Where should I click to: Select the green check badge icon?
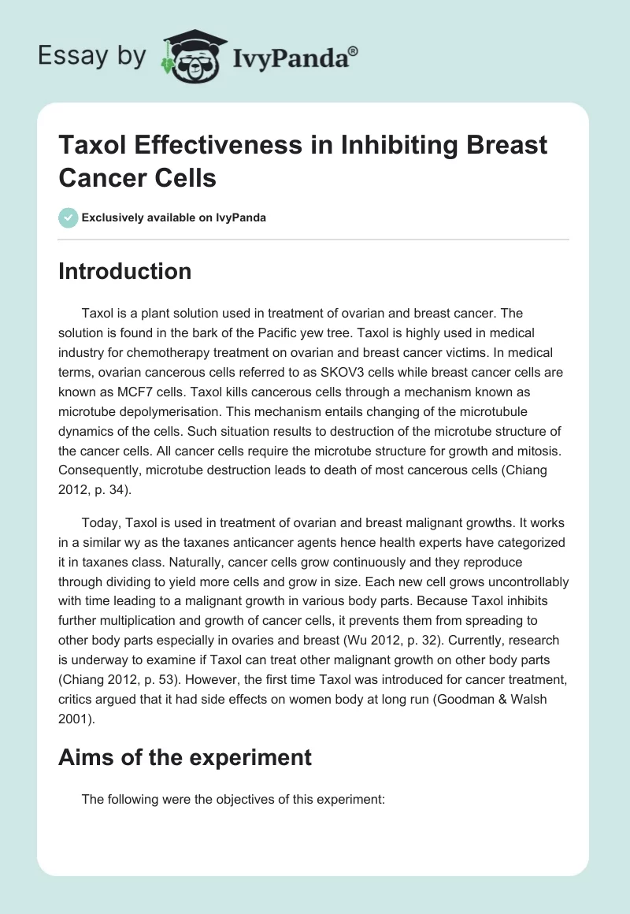(x=69, y=217)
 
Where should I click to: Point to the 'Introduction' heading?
(x=125, y=271)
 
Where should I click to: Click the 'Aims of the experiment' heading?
(x=185, y=758)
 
